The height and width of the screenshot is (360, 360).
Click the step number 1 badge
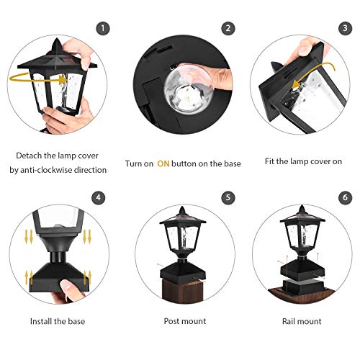pos(104,29)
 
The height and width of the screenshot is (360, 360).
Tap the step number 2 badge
pos(229,29)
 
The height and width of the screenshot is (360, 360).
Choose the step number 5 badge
pos(229,197)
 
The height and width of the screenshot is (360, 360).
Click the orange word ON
pos(163,164)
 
